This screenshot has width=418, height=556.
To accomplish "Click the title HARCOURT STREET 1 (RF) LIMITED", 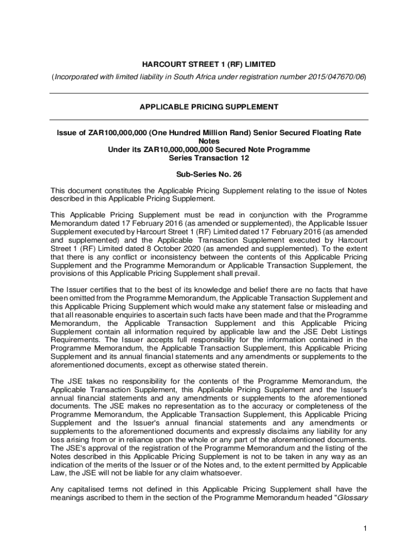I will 209,65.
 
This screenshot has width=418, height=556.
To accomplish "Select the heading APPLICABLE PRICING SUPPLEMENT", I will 209,107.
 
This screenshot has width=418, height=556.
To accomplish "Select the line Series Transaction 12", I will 209,157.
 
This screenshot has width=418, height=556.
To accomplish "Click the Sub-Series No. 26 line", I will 209,175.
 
